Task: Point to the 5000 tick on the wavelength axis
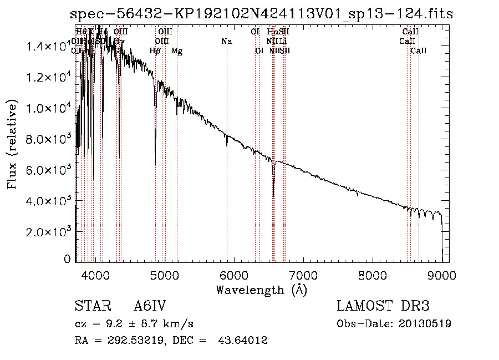165,274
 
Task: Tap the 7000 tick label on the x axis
303,274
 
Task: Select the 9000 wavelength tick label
442,274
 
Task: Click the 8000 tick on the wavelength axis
373,274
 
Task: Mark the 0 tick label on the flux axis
67,259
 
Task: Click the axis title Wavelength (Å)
261,290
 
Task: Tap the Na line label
226,41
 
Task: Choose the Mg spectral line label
177,51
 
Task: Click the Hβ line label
155,51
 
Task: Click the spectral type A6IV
150,306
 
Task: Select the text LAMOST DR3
383,306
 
